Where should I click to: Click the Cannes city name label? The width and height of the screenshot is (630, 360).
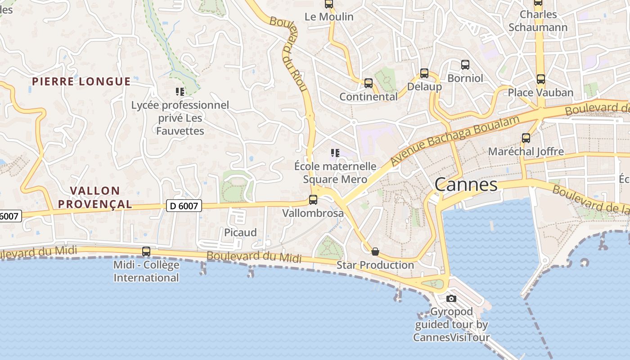[x=466, y=184]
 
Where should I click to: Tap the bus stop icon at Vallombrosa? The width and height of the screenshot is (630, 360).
[x=313, y=200]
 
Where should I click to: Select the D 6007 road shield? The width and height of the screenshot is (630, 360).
[x=184, y=206]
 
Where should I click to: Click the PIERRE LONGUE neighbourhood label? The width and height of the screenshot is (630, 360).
[x=81, y=81]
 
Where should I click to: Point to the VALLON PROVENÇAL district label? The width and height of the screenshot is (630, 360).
[x=95, y=198]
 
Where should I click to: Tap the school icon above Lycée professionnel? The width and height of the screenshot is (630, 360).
[x=180, y=92]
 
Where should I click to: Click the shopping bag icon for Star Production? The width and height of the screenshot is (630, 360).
[x=375, y=252]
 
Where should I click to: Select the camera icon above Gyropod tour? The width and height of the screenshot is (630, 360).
[x=451, y=298]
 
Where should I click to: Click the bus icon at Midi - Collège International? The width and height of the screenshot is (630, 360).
[x=146, y=252]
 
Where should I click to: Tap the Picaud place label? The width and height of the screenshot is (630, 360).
[x=240, y=233]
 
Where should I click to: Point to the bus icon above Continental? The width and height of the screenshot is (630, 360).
[x=369, y=83]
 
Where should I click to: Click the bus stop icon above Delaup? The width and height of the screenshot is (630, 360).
[x=424, y=73]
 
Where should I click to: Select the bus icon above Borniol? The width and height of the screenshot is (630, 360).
[x=465, y=65]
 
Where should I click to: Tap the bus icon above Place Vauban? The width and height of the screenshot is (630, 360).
[x=541, y=79]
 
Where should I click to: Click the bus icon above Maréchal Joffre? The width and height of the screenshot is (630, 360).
[x=526, y=138]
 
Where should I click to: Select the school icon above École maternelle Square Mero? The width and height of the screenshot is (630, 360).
[x=335, y=153]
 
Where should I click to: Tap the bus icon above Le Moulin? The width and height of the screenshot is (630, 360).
[x=329, y=4]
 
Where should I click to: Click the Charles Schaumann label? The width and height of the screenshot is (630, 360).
[x=538, y=21]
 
